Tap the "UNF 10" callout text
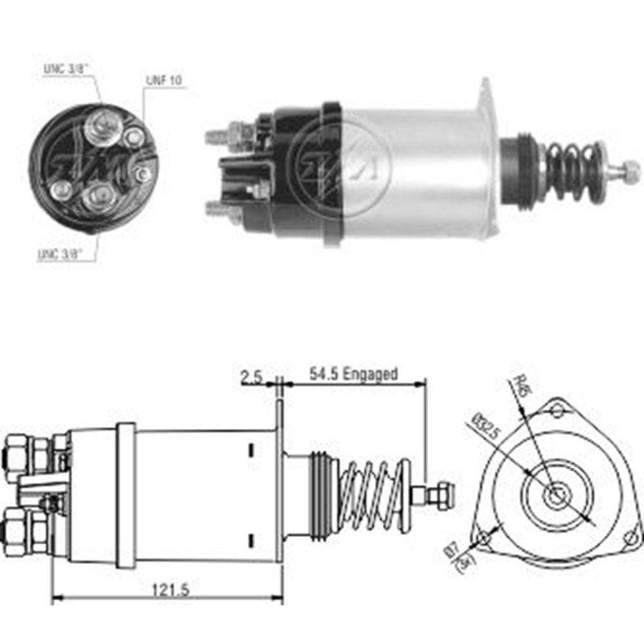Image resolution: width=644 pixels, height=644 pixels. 164,80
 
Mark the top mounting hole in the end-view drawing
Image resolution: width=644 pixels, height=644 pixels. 558,411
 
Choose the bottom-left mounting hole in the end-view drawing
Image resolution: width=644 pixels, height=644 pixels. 483,538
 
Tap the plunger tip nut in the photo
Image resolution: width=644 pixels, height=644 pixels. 630,171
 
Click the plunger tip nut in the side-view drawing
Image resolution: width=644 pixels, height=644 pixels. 443,493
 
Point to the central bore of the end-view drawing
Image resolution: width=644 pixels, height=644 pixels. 554,495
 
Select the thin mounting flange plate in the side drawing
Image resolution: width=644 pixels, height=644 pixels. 280,480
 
